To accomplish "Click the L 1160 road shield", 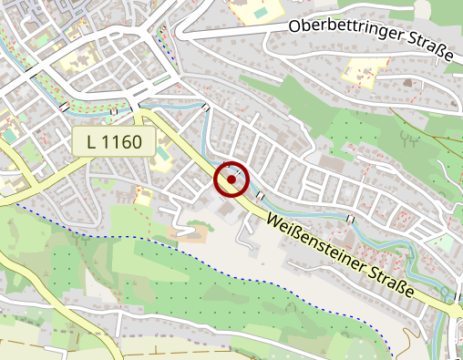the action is pyautogui.click(x=114, y=141).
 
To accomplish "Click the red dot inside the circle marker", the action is pyautogui.click(x=231, y=180).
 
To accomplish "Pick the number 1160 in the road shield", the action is pyautogui.click(x=123, y=141).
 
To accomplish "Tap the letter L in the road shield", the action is pyautogui.click(x=91, y=141).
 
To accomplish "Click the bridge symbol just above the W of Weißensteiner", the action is pyautogui.click(x=261, y=196).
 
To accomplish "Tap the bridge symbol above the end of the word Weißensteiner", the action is pyautogui.click(x=351, y=219).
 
